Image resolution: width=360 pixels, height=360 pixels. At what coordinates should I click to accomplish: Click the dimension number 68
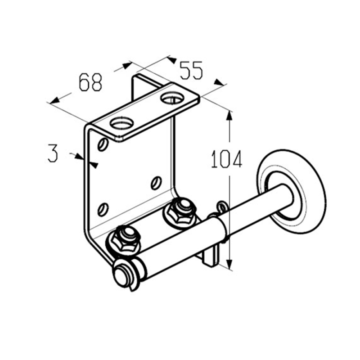[90, 82]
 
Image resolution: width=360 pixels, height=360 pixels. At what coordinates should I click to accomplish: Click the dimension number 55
[191, 70]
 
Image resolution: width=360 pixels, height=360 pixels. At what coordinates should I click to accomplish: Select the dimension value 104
[226, 159]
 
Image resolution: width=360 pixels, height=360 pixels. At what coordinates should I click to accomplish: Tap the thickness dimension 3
[53, 153]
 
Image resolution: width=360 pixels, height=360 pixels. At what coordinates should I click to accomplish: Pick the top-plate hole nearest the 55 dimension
[172, 98]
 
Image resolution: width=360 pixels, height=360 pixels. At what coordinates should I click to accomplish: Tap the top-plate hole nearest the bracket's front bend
[122, 123]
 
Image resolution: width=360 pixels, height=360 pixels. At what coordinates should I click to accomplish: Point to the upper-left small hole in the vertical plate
[103, 144]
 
